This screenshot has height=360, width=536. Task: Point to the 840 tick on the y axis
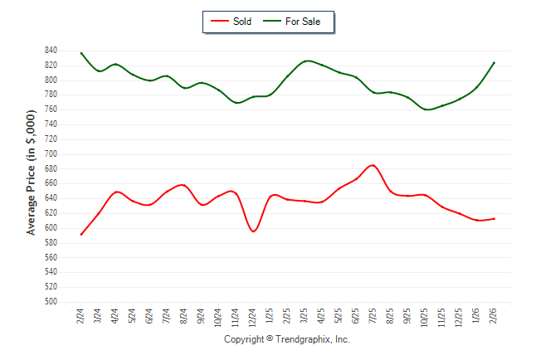coord(50,51)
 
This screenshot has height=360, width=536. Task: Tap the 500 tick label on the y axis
coord(50,302)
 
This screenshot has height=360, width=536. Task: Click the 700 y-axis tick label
coord(50,154)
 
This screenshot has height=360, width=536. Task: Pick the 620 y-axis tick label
coord(50,213)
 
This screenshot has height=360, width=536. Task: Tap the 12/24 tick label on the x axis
coord(253,318)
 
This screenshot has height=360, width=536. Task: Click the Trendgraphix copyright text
coord(287,340)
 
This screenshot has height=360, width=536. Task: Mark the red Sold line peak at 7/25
coord(373,165)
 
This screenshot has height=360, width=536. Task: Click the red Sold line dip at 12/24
coord(253,231)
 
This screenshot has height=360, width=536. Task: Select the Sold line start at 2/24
coord(80,234)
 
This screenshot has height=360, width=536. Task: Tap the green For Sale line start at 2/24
coord(80,53)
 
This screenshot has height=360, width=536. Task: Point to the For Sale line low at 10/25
coord(426,109)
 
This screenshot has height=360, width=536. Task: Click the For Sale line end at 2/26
coord(495,62)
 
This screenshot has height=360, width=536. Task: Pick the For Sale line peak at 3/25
coord(306,61)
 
